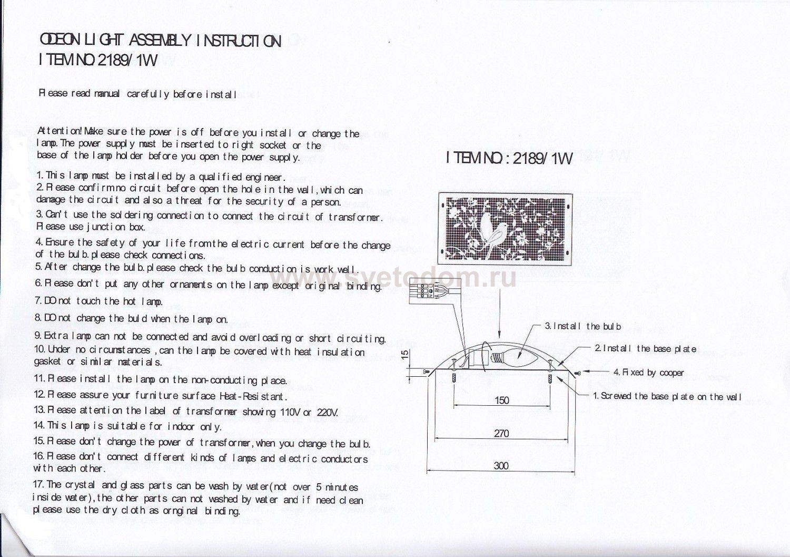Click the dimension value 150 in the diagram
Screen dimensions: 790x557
tap(501, 400)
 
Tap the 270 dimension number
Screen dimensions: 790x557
tap(501, 433)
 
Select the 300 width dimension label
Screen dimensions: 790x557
tap(501, 466)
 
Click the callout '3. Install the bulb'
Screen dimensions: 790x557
tap(582, 326)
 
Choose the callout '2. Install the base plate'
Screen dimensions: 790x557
tap(645, 349)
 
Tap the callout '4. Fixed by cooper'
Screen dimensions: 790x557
tap(648, 373)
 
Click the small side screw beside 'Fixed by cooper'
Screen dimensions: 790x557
tap(577, 372)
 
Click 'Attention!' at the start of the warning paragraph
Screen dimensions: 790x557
tap(60, 131)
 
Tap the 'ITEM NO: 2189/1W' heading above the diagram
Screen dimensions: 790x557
tap(510, 158)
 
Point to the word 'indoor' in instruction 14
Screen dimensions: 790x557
tap(181, 426)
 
